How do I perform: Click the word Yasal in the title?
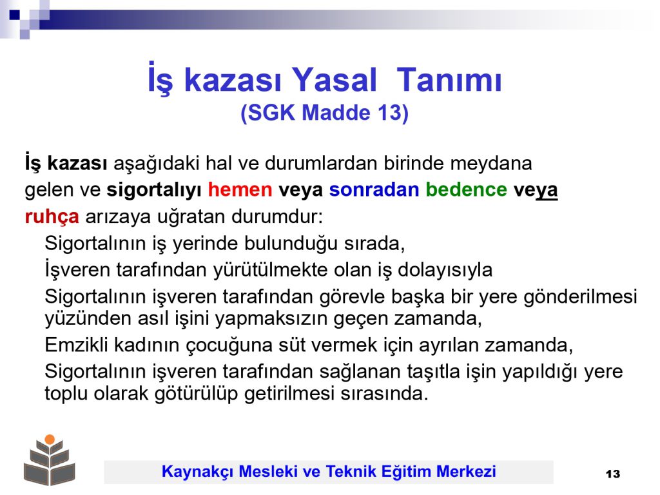(335, 80)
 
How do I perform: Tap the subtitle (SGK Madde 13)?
(325, 113)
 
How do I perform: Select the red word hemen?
(240, 190)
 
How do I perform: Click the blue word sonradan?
(374, 190)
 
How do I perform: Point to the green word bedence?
(467, 190)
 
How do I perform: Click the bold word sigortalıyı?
(154, 191)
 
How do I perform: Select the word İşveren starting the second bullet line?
(77, 270)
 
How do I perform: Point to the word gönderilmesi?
(581, 297)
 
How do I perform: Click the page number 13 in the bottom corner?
(613, 474)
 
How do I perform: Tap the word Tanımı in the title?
(449, 80)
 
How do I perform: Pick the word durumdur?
(277, 217)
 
